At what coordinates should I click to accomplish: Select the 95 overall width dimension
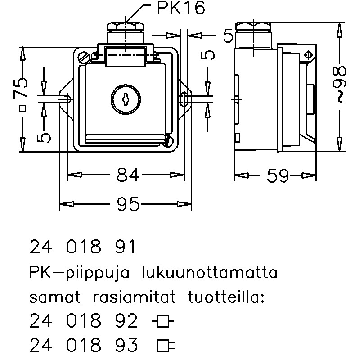pos(128,205)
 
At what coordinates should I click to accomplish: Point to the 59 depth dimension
pos(277,176)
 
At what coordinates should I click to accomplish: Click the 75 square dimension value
pos(20,88)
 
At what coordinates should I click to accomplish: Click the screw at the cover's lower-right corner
pos(168,141)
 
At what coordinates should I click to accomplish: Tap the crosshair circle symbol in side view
pos(308,54)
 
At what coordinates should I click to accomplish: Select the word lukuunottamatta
pos(209,273)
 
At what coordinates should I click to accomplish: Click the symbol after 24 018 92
pos(163,322)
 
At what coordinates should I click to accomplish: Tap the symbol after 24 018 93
pos(165,346)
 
